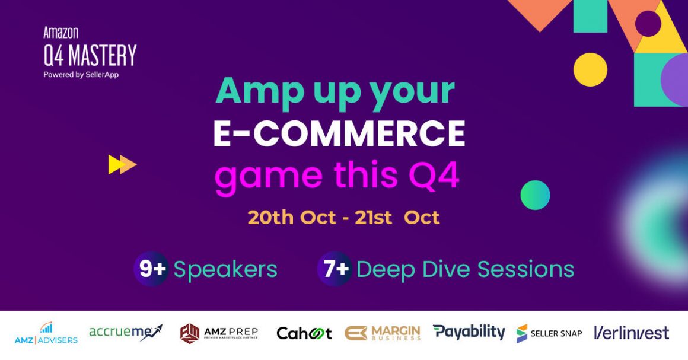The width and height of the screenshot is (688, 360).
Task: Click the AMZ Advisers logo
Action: (x=46, y=333)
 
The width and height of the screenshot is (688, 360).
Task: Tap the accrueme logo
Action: (x=126, y=333)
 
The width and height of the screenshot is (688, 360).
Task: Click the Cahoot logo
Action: (x=304, y=334)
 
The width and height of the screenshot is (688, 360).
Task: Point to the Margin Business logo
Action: (x=383, y=333)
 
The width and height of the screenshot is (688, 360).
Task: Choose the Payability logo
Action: (x=469, y=332)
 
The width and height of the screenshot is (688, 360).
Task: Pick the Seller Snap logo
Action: (x=549, y=334)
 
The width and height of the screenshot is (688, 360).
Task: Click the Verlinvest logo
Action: (x=632, y=333)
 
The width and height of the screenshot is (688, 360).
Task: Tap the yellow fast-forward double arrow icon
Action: (x=122, y=165)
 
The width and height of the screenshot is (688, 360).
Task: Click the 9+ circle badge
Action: (x=151, y=269)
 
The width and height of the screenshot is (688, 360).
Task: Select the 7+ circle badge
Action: (x=335, y=269)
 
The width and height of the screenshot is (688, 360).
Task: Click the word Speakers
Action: (x=225, y=270)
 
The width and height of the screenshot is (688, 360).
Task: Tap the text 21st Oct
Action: (x=397, y=218)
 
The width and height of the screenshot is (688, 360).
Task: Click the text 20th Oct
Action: (x=292, y=218)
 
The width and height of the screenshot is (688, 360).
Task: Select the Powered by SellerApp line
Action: (x=81, y=75)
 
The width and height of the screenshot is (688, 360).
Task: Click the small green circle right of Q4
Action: (x=536, y=195)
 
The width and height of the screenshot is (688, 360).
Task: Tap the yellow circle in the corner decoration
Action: (x=591, y=69)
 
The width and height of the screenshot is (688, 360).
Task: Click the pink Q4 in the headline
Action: (x=434, y=176)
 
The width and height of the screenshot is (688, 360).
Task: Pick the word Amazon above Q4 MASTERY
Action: (x=61, y=33)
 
